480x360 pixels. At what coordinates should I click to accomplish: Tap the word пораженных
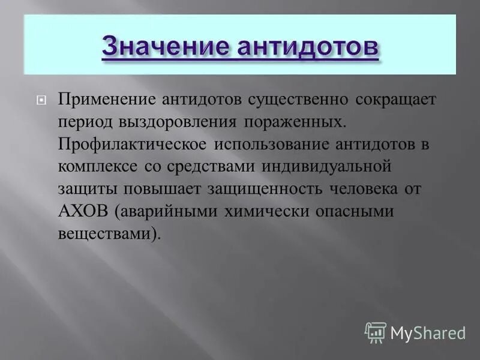(x=295, y=122)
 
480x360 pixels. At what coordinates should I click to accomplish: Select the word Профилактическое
(x=132, y=144)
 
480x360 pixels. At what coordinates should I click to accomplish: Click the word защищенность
(x=260, y=189)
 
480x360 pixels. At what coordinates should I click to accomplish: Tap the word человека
(x=368, y=189)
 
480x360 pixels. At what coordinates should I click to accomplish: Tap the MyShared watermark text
(x=428, y=332)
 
